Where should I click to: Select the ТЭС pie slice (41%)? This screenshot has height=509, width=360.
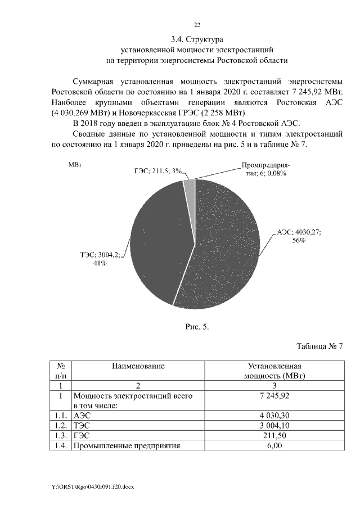[160, 242]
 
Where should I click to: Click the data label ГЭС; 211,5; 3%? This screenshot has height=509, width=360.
[158, 171]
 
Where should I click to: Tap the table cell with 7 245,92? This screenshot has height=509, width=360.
[274, 396]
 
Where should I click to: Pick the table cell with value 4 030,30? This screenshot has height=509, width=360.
[274, 415]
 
